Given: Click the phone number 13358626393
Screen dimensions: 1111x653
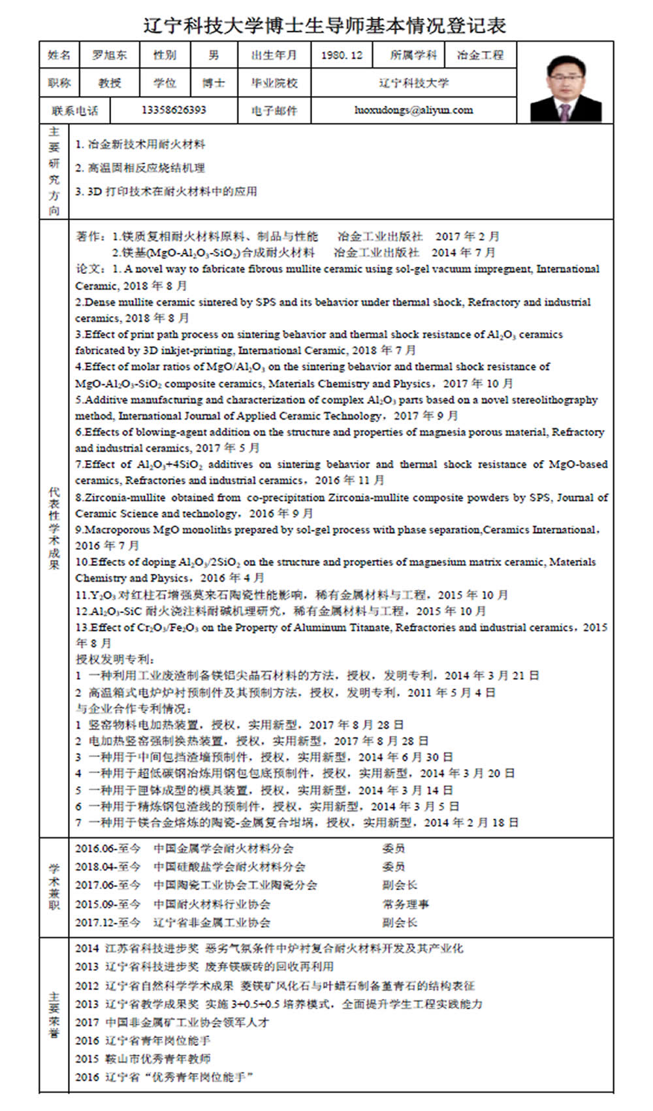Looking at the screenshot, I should tap(174, 110).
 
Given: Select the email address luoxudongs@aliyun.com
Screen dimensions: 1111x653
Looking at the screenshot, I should tap(413, 110).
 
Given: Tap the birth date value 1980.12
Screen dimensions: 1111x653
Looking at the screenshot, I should tap(342, 55).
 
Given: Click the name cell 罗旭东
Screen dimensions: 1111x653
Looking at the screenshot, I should tap(109, 55).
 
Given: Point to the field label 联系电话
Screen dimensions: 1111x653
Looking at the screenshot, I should tap(74, 110).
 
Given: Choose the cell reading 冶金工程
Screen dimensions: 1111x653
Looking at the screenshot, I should tap(480, 55).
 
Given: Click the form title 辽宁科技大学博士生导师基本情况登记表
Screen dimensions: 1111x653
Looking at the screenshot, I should tap(325, 25).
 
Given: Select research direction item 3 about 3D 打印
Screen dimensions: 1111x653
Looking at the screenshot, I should tap(167, 191).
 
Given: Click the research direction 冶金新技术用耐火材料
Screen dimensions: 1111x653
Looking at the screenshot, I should tap(140, 144).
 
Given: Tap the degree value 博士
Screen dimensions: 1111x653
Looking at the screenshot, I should tap(214, 83).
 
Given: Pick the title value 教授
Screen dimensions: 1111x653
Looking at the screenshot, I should tap(109, 83).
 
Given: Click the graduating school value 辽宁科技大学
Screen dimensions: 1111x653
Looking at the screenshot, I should tap(413, 83).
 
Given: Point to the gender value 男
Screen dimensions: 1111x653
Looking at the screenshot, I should tap(214, 55).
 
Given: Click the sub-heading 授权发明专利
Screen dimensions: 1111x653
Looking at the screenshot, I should tap(116, 659).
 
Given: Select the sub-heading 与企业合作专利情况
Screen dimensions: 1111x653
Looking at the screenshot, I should tap(133, 708).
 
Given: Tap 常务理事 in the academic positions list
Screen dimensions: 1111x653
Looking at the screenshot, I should tap(406, 904).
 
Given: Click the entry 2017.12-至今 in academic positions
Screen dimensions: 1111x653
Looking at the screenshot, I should tap(108, 923).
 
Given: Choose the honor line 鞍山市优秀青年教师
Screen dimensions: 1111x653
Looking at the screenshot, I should tap(143, 1059).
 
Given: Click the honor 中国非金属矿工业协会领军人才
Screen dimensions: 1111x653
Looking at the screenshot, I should tap(172, 1022).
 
